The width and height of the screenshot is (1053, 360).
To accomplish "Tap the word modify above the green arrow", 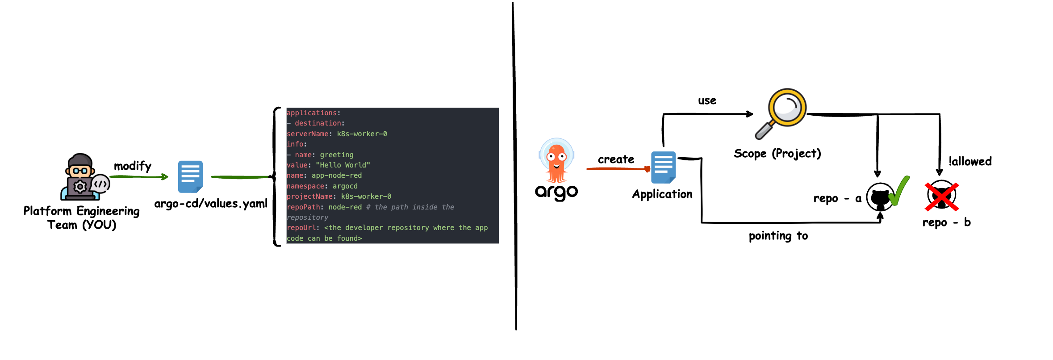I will coord(133,166).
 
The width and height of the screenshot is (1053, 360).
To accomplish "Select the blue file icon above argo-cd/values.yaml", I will coord(190,176).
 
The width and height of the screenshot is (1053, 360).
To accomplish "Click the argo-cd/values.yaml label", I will coord(211,204).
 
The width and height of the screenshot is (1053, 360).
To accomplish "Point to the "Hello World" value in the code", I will coord(343,165).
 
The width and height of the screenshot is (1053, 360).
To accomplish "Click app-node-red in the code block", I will coord(337,176).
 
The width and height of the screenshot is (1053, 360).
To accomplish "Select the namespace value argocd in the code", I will coord(345,186).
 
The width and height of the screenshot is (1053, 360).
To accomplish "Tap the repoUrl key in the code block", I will coord(301,228).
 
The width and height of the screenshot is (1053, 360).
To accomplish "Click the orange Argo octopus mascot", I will coord(556,161).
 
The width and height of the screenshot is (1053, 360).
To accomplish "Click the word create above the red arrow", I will coord(616,159).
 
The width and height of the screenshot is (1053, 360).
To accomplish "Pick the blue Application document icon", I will coord(663,167).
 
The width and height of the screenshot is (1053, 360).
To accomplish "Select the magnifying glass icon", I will coord(781,112).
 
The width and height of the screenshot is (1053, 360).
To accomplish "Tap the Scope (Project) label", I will coord(777,154).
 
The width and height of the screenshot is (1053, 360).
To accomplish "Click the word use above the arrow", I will coord(707,101).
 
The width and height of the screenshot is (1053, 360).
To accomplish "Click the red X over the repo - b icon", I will coord(941,196).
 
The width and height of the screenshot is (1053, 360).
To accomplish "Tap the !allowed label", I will coord(970,161).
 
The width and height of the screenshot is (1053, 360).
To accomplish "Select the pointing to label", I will coord(778,236).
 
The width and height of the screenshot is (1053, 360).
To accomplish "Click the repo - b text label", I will coord(946,222).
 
